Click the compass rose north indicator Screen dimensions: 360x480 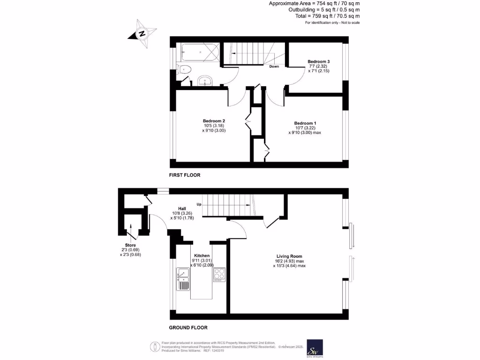click(142, 34)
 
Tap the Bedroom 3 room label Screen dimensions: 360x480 click(318, 61)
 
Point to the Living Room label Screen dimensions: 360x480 click(289, 256)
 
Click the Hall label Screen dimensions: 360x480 click(182, 209)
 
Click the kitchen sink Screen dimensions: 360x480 click(183, 278)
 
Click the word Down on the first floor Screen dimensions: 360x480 click(274, 66)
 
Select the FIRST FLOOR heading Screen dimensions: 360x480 click(185, 175)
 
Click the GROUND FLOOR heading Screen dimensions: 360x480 click(188, 328)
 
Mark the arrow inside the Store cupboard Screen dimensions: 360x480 click(131, 231)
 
